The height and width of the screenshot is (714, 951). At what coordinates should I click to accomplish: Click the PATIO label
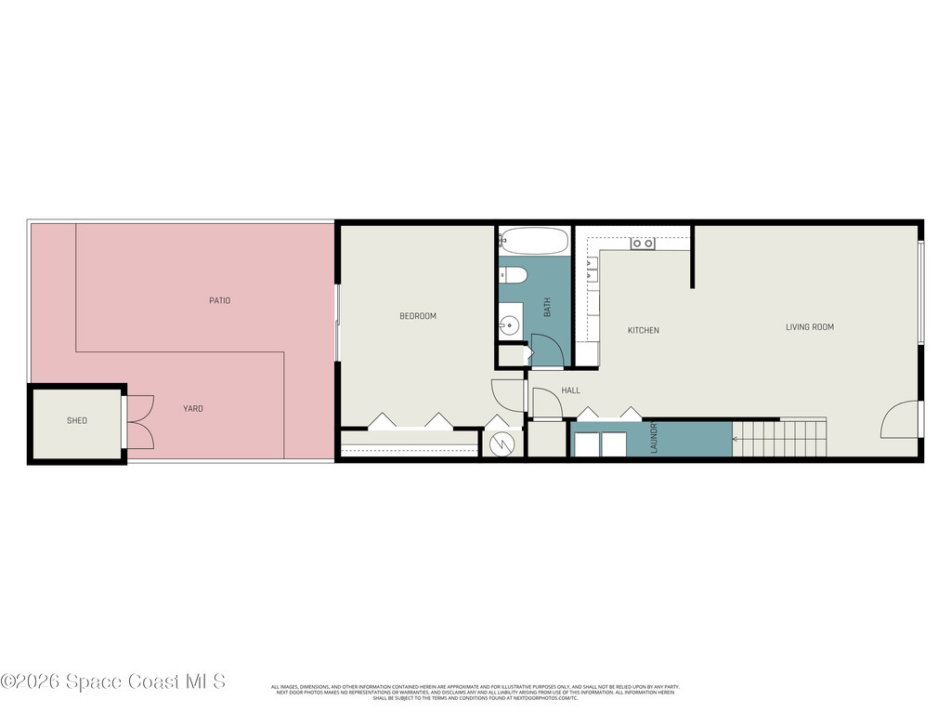tap(219, 300)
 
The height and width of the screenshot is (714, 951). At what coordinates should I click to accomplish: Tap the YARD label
tap(192, 408)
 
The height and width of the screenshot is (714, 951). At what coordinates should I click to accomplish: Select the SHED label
tap(77, 421)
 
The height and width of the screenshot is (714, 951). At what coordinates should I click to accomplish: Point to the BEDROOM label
tap(418, 316)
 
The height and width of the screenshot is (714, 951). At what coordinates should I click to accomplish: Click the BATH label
tap(547, 307)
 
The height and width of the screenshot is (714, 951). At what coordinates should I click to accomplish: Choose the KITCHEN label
tap(644, 330)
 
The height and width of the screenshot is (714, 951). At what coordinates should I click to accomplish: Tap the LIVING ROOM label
tap(810, 326)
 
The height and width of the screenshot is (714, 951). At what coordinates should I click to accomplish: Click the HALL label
tap(570, 390)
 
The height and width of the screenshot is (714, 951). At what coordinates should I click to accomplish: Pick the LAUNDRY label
tap(654, 438)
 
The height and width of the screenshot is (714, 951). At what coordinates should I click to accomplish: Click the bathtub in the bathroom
tap(534, 242)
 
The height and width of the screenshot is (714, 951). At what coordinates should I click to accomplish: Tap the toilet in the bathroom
tap(515, 274)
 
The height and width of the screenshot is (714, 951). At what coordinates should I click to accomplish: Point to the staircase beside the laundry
tap(780, 438)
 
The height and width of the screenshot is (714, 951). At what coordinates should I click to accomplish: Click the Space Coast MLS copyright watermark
tap(113, 681)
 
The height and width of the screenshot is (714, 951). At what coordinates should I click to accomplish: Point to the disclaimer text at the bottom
tap(475, 692)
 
